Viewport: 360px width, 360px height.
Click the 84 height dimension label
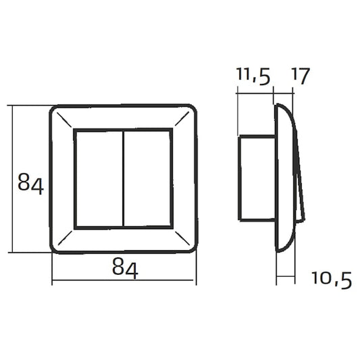click(30, 184)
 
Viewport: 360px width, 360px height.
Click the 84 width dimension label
click(125, 268)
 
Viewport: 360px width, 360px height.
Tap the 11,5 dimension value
click(253, 76)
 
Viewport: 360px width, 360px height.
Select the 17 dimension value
click(301, 76)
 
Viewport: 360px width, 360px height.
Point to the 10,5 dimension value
click(332, 280)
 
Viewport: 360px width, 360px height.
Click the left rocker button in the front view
click(100, 178)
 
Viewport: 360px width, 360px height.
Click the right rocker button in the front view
click(147, 178)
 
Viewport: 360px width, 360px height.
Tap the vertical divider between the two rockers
click(124, 178)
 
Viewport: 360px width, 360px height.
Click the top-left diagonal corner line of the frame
click(64, 120)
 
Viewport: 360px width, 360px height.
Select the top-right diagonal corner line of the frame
click(182, 119)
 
